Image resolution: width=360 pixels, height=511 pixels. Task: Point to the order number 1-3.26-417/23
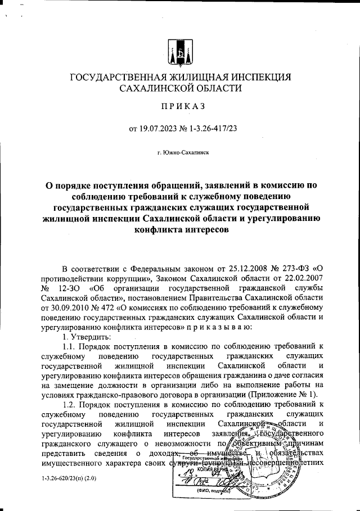click(x=209, y=129)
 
